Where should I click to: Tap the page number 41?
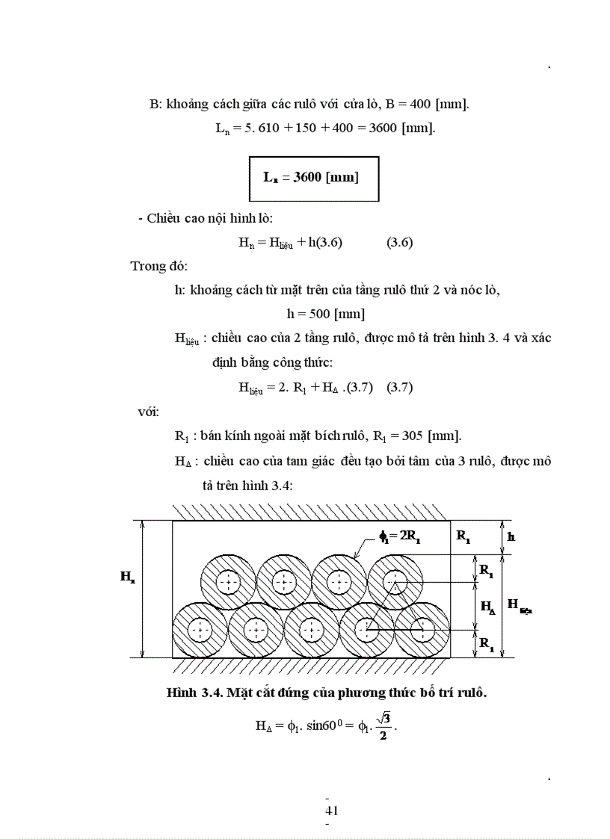point(332,811)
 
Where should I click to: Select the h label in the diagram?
point(511,536)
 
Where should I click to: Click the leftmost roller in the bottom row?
point(200,630)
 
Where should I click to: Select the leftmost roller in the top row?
point(228,582)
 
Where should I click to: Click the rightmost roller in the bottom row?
point(422,630)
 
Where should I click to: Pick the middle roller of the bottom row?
point(311,630)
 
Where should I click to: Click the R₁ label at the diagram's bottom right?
point(487,645)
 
